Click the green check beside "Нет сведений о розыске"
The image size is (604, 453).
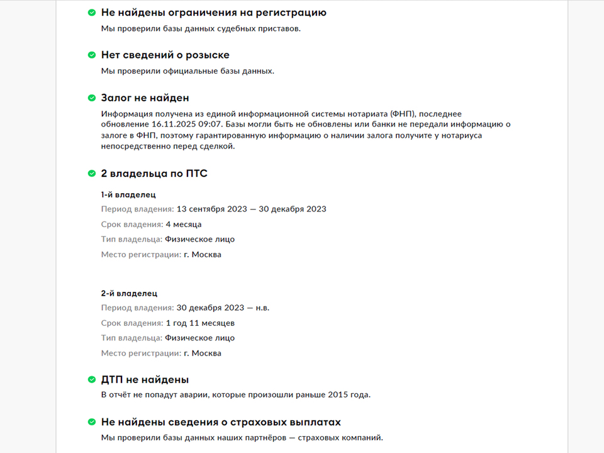[x=92, y=55]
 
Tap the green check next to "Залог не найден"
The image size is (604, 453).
[x=92, y=98]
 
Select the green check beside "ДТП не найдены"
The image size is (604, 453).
[x=92, y=379]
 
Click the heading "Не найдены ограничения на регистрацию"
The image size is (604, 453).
[x=214, y=13]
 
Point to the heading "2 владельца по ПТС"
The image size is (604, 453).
[x=154, y=174]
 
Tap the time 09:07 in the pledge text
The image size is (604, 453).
[x=208, y=125]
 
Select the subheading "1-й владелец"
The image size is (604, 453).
[x=128, y=194]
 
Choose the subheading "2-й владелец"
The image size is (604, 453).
[x=129, y=293]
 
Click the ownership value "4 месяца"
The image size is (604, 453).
[x=184, y=225]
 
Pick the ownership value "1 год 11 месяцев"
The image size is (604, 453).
[x=200, y=323]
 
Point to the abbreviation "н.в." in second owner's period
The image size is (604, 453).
[x=262, y=308]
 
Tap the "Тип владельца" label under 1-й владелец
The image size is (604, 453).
[x=131, y=240]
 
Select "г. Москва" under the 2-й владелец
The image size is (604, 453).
[x=203, y=354]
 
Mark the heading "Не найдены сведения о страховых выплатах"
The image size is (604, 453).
[x=221, y=422]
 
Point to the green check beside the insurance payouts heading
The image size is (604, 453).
[x=92, y=422]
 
